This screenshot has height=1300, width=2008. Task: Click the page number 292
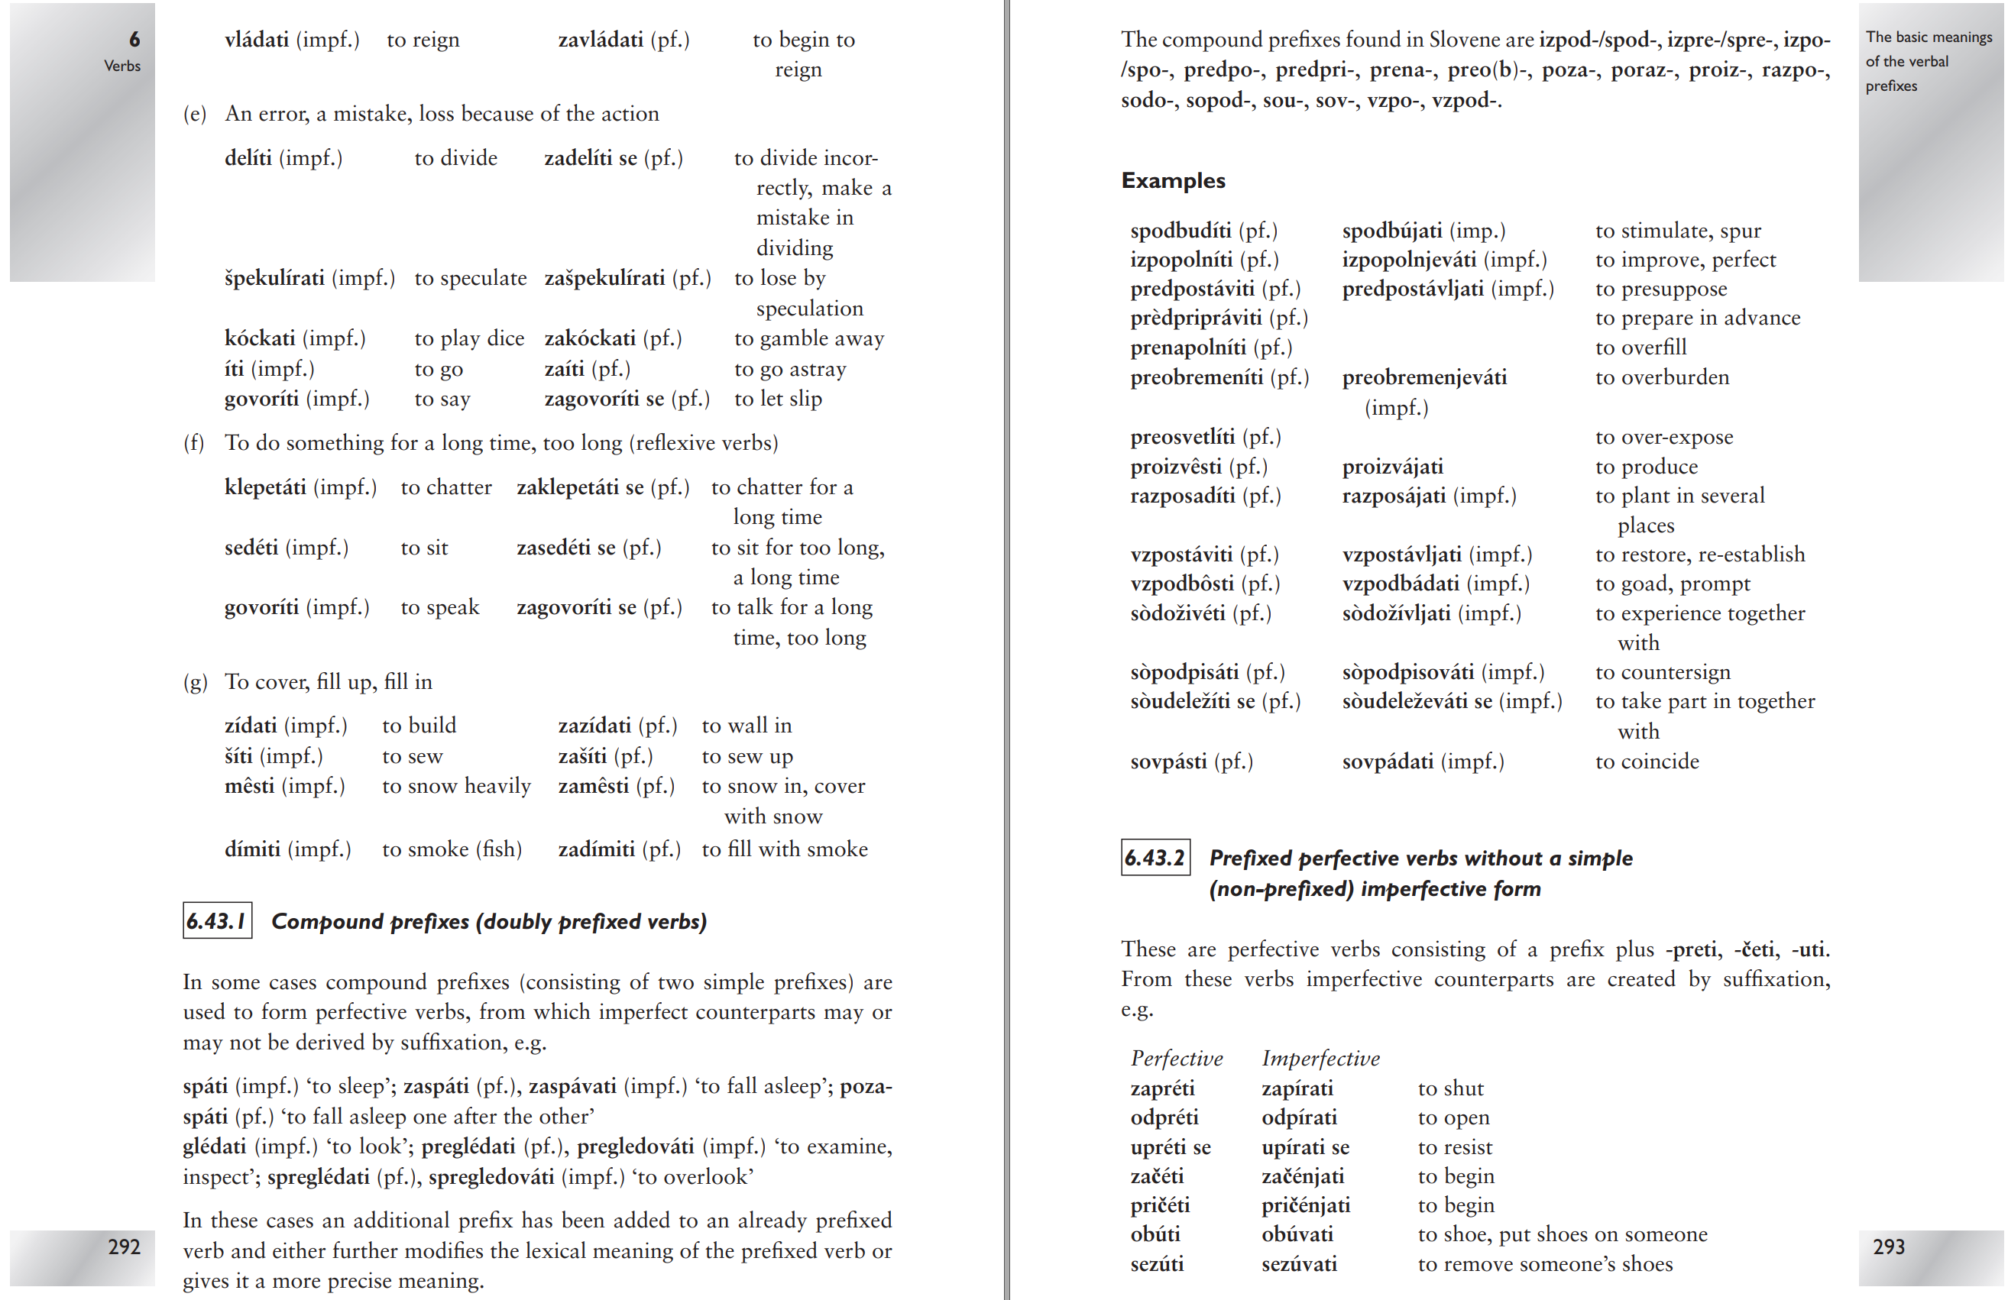pyautogui.click(x=124, y=1246)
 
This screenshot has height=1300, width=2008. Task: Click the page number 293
pyautogui.click(x=1888, y=1246)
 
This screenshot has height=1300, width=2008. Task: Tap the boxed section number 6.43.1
pyautogui.click(x=217, y=920)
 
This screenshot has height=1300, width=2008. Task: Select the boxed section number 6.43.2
pyautogui.click(x=1155, y=857)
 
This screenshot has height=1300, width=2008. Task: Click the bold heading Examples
pyautogui.click(x=1173, y=180)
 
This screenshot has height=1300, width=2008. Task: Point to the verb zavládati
pyautogui.click(x=600, y=40)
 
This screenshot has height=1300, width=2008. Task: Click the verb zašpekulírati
pyautogui.click(x=604, y=277)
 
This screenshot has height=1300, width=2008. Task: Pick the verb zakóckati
pyautogui.click(x=590, y=338)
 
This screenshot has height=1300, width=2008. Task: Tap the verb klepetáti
pyautogui.click(x=265, y=487)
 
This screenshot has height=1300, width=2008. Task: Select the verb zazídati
pyautogui.click(x=594, y=726)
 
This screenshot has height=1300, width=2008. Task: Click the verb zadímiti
pyautogui.click(x=596, y=849)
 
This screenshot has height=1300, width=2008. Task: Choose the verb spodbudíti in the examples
pyautogui.click(x=1181, y=231)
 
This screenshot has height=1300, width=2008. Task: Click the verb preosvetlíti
pyautogui.click(x=1182, y=437)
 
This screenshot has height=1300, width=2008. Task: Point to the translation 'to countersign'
pyautogui.click(x=1662, y=671)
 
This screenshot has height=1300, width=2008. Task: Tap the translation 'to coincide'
pyautogui.click(x=1647, y=761)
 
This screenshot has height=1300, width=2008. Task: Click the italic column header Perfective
pyautogui.click(x=1176, y=1058)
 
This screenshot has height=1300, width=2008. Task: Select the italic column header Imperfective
pyautogui.click(x=1320, y=1058)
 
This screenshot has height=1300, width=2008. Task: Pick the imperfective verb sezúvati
pyautogui.click(x=1298, y=1264)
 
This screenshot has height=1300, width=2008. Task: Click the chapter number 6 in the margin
pyautogui.click(x=134, y=39)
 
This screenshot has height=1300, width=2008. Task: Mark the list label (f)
pyautogui.click(x=194, y=443)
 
